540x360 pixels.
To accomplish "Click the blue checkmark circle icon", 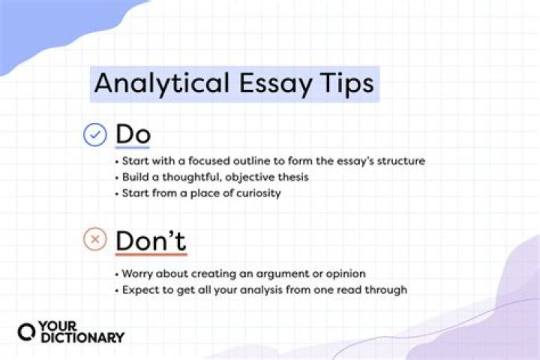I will coord(95,135).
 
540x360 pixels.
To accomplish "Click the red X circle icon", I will coord(95,240).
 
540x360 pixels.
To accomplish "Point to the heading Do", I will coord(133,135).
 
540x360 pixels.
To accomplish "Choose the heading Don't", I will coord(151,241).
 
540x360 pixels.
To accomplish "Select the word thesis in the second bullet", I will coord(294,177).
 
